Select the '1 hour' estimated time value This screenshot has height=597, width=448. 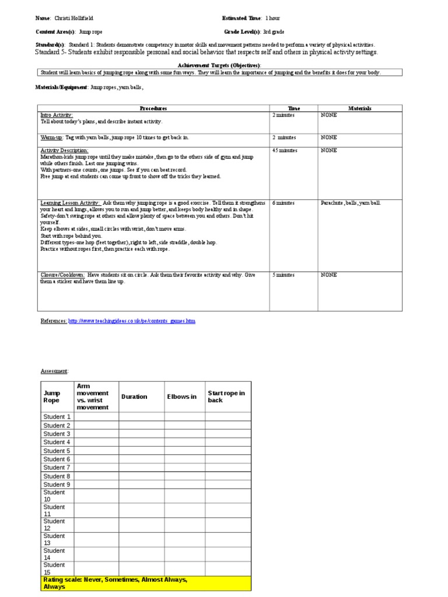tap(272, 19)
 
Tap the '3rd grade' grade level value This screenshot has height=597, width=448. tap(274, 32)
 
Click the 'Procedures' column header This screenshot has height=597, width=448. tap(153, 108)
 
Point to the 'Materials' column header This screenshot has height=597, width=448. tap(360, 108)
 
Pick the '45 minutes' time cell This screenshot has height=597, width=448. tap(285, 150)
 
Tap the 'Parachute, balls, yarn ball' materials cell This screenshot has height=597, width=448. tap(351, 203)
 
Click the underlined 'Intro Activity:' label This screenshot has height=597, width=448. tap(57, 115)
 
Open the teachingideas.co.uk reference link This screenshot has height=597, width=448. tap(132, 321)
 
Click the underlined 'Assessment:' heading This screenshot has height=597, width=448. tap(54, 371)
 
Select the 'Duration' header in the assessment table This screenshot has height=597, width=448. tap(134, 396)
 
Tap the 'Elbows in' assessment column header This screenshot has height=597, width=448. tap(182, 396)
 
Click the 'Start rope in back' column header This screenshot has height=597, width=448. tap(226, 396)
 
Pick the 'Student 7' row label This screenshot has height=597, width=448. tap(57, 468)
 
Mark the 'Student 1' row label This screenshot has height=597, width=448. tap(57, 417)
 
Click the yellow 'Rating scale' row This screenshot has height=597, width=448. tap(145, 583)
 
